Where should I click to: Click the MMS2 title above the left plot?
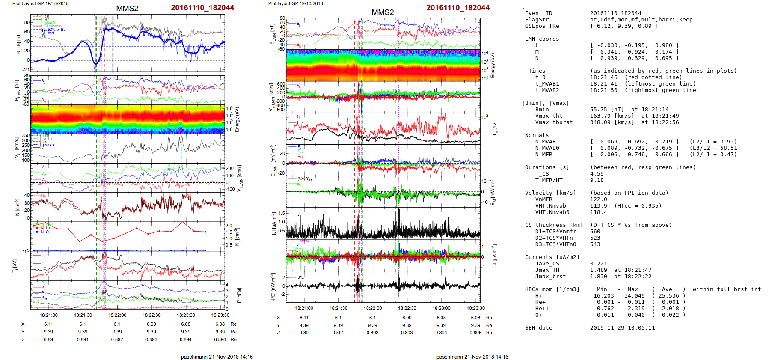click(x=127, y=9)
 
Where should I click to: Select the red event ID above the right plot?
click(x=457, y=8)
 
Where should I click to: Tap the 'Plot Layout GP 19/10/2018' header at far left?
click(x=40, y=3)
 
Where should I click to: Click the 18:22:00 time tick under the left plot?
click(x=117, y=315)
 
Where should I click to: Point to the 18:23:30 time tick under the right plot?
click(x=475, y=308)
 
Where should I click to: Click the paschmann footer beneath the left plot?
click(x=217, y=357)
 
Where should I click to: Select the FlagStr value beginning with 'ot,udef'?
click(x=641, y=20)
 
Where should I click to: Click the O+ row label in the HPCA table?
click(x=538, y=315)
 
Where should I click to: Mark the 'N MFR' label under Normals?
click(x=543, y=155)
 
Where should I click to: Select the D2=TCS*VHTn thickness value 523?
click(x=595, y=238)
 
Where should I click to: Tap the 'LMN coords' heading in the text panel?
click(x=542, y=39)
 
